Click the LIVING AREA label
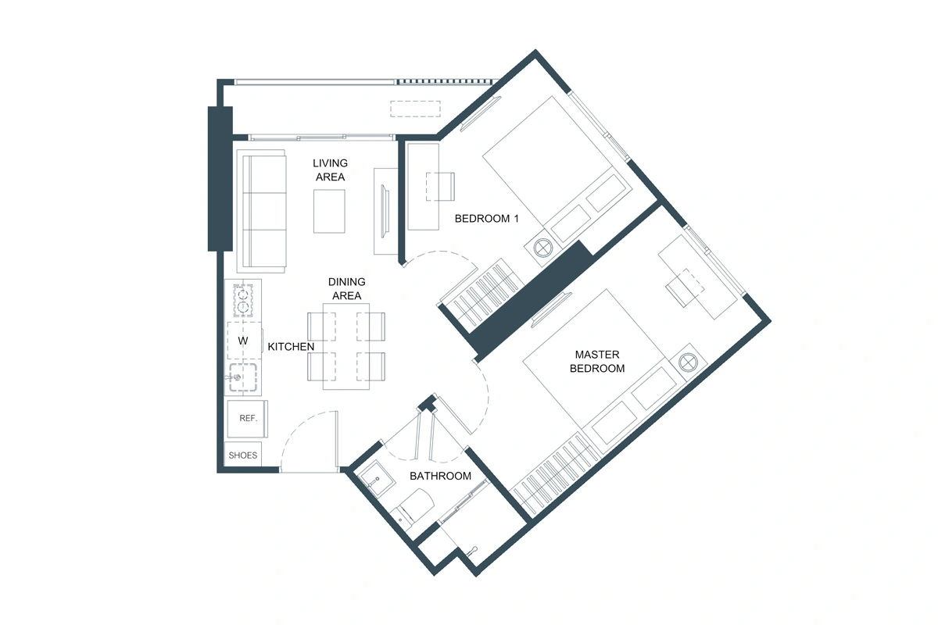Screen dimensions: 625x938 click(x=330, y=170)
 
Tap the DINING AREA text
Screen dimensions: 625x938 click(x=346, y=288)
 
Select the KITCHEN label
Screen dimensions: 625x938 click(x=291, y=346)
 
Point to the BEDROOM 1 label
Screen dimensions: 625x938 click(x=487, y=219)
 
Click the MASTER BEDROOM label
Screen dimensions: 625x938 click(x=597, y=362)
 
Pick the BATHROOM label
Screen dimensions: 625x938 click(x=441, y=476)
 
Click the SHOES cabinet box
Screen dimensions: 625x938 click(x=242, y=455)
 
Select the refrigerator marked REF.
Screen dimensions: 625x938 click(x=248, y=419)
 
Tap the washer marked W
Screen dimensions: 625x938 click(x=243, y=341)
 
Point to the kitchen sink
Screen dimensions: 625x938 click(x=244, y=377)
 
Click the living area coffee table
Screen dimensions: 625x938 click(x=329, y=211)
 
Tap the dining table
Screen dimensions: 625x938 click(x=346, y=345)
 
